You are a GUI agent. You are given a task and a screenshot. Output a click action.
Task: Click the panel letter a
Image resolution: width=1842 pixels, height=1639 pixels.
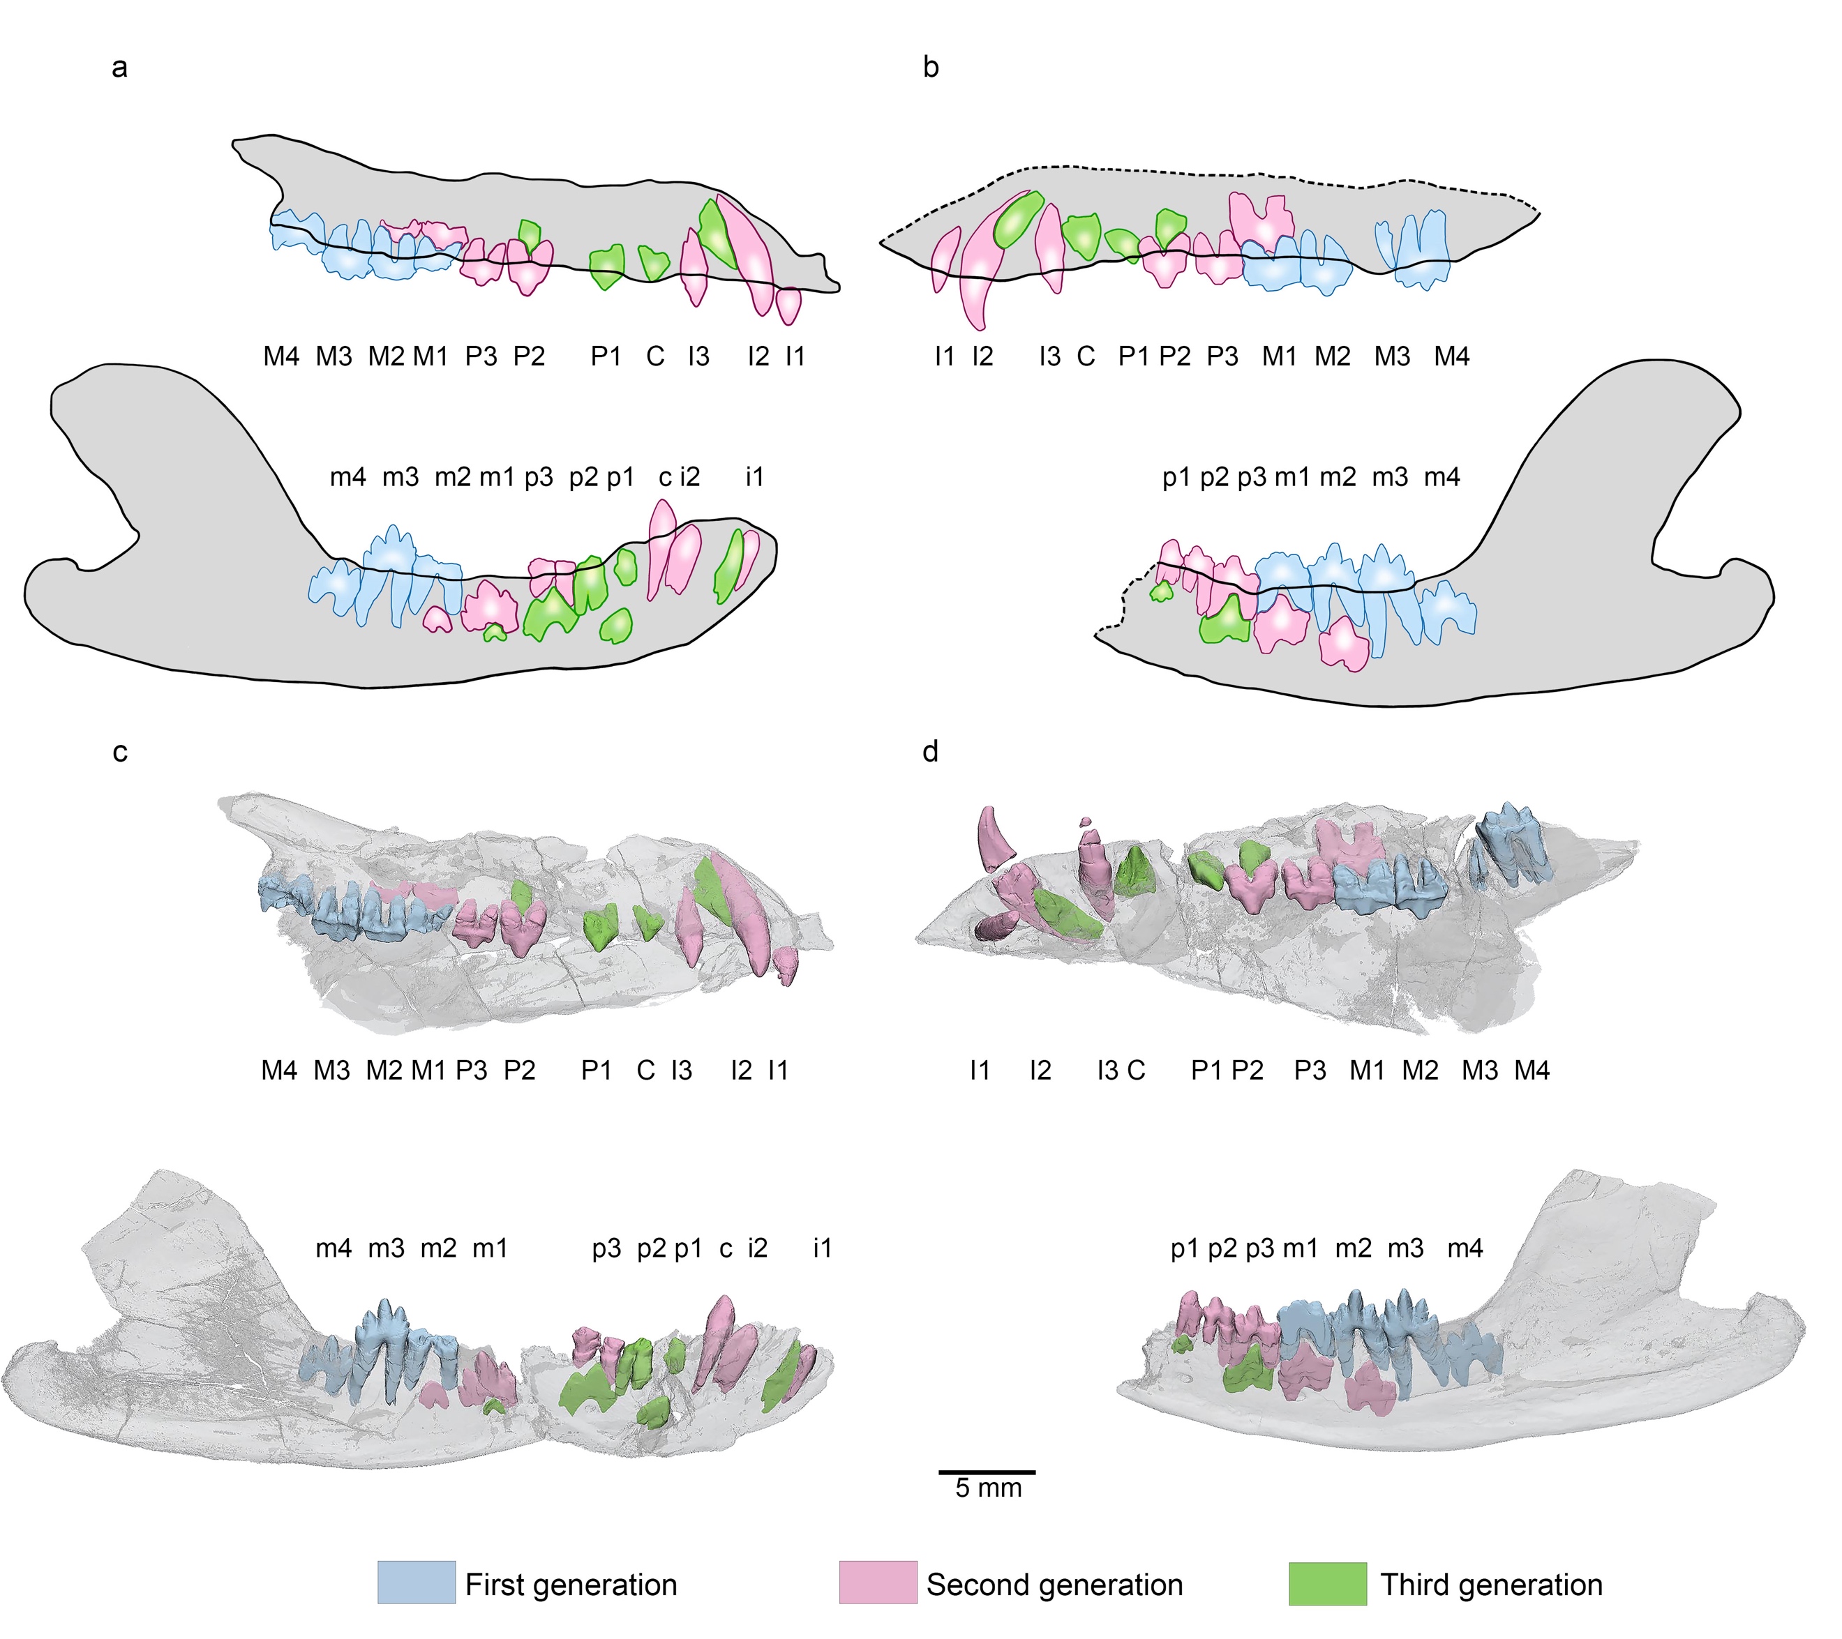(x=119, y=68)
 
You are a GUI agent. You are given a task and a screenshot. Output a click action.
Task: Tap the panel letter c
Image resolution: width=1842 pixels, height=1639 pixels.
(x=120, y=753)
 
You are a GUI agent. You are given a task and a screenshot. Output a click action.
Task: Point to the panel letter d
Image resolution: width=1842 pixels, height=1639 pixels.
(x=931, y=750)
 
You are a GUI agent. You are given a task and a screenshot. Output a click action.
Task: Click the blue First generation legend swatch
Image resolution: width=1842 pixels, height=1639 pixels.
(x=417, y=1583)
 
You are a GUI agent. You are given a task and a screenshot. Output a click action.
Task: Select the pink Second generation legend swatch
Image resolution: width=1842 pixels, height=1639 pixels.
(x=878, y=1583)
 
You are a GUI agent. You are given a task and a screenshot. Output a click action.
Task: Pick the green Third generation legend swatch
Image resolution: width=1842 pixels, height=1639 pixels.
(x=1328, y=1583)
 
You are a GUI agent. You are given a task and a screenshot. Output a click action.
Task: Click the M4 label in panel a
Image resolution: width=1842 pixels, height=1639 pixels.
(x=281, y=357)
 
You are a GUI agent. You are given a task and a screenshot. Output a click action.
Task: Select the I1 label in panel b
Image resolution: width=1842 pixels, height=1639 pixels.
(x=943, y=357)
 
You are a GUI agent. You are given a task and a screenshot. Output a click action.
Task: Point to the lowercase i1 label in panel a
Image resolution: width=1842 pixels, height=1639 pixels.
(x=754, y=476)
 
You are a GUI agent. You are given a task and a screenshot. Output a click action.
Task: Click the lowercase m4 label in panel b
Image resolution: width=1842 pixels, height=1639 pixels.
(x=1442, y=476)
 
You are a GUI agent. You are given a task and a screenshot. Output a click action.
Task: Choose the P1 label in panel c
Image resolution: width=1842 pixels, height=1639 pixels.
(x=597, y=1071)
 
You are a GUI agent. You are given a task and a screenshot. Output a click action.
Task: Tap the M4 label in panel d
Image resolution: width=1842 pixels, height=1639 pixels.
(x=1532, y=1071)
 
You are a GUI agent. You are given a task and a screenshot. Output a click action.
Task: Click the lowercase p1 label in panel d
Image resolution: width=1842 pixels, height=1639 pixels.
(x=1185, y=1249)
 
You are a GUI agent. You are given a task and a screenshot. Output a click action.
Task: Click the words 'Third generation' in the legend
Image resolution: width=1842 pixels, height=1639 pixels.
(x=1492, y=1585)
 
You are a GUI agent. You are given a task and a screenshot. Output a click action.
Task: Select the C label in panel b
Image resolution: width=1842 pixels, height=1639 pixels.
(x=1086, y=357)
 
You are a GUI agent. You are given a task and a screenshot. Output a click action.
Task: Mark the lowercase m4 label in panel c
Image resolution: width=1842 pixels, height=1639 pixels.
(x=334, y=1249)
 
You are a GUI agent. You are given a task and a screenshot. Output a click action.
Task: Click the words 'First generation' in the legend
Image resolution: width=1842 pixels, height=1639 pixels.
(x=571, y=1585)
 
